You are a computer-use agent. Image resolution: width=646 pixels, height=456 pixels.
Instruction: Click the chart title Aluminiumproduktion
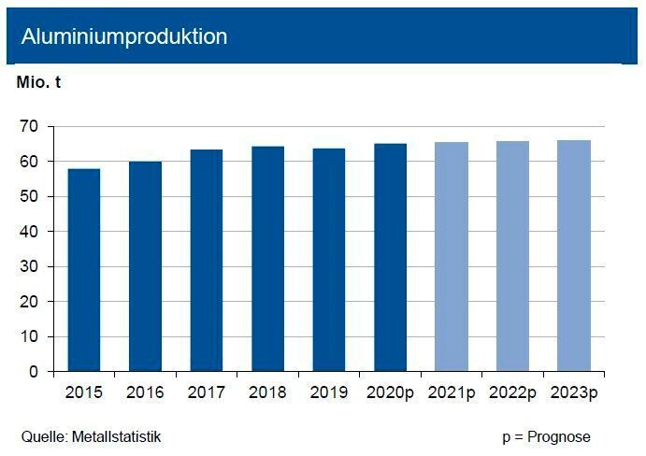tap(124, 36)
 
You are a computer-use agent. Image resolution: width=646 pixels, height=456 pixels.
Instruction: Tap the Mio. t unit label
tap(39, 82)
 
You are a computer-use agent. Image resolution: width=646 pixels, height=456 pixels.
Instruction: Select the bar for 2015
tap(84, 270)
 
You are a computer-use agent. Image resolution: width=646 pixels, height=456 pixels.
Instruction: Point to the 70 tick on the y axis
tap(30, 126)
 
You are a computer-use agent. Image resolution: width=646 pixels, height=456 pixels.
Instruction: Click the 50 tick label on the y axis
tap(30, 196)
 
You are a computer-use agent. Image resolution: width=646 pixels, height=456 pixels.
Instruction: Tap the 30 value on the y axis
tap(30, 266)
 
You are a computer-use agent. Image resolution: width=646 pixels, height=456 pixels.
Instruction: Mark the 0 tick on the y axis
tap(34, 372)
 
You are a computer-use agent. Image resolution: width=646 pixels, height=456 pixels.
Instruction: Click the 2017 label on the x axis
tap(206, 392)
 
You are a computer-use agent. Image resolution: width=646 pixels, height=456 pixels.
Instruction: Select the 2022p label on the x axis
tap(511, 392)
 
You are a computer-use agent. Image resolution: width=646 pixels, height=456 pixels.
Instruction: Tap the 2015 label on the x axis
tap(84, 392)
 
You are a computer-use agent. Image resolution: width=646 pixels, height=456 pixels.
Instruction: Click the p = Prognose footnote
tap(546, 436)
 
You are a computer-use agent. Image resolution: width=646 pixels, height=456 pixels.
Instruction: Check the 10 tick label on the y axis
tap(30, 336)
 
